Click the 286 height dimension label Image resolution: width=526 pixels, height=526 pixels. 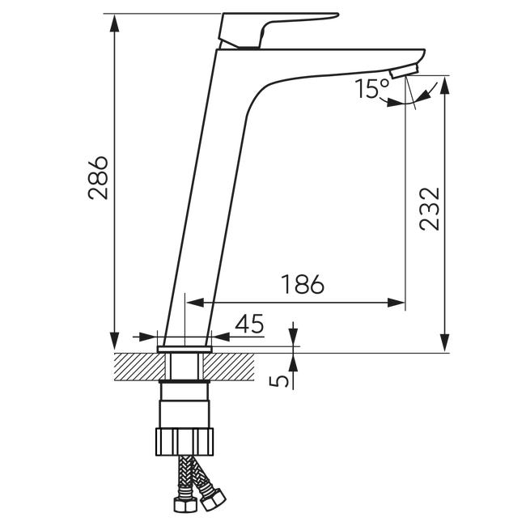tap(98, 178)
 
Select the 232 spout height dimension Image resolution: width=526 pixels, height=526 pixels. tap(430, 210)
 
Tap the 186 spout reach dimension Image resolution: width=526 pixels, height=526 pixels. tap(303, 285)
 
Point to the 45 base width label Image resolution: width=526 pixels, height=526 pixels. tap(249, 324)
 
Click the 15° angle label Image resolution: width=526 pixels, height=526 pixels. tap(371, 88)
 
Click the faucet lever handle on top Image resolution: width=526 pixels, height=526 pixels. tap(278, 30)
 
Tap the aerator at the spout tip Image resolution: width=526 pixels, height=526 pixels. tap(405, 71)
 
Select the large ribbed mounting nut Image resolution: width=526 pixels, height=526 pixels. tap(185, 442)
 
